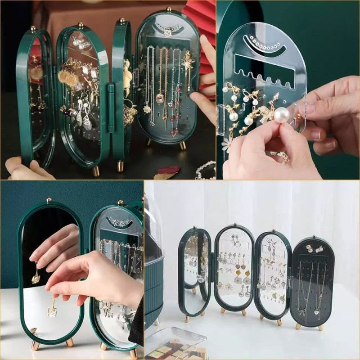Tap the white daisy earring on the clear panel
227,144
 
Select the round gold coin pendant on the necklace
159,98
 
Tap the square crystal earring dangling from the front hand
52,310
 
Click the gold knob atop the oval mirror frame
49,199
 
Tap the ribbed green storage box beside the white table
153,288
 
